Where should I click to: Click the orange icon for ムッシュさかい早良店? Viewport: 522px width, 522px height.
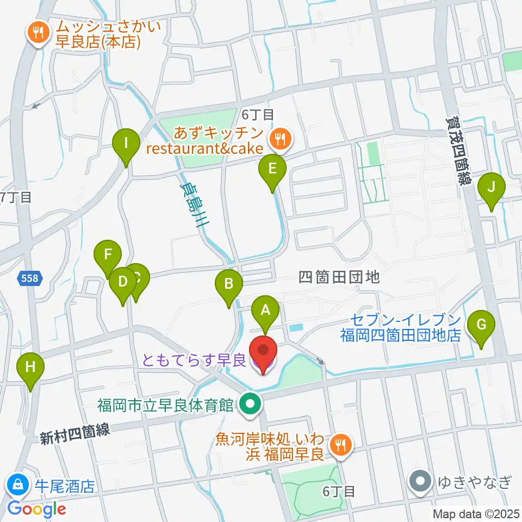pos(37,33)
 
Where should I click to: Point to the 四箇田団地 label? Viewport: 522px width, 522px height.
pos(339,278)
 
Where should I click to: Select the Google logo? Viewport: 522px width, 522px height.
pos(37,509)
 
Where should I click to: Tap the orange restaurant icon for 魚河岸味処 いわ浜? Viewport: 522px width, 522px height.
pos(341,445)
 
